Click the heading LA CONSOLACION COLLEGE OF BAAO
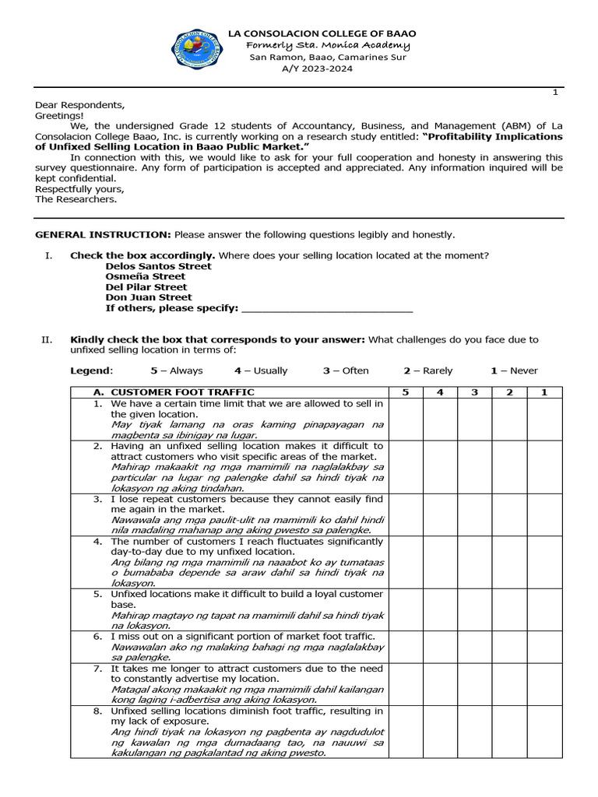[321, 33]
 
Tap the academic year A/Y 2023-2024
[317, 68]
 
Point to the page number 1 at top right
[555, 93]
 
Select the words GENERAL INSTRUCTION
[103, 234]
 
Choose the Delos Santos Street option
[158, 266]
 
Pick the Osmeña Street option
[146, 276]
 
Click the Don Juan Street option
[149, 297]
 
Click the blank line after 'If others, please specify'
[327, 309]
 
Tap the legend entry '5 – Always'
[177, 370]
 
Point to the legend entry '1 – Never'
[514, 370]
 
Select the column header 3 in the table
[474, 392]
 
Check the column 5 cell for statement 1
[405, 419]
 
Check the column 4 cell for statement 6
[440, 646]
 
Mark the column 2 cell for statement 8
[509, 732]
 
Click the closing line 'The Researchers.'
[76, 199]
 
